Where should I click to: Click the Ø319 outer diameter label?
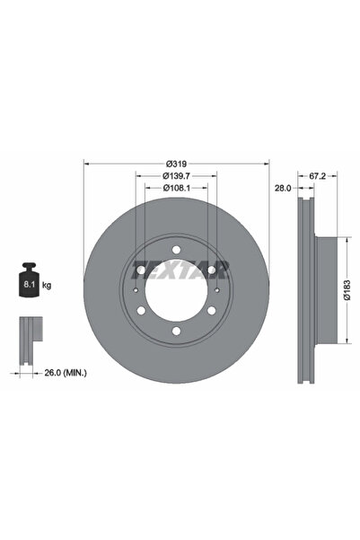pyautogui.click(x=176, y=164)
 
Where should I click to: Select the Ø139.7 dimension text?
pyautogui.click(x=176, y=177)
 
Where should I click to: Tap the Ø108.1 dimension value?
pyautogui.click(x=176, y=190)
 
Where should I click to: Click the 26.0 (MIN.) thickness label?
pyautogui.click(x=55, y=369)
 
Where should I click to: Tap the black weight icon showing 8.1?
pyautogui.click(x=29, y=285)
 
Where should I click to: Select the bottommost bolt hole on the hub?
pyautogui.click(x=176, y=333)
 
